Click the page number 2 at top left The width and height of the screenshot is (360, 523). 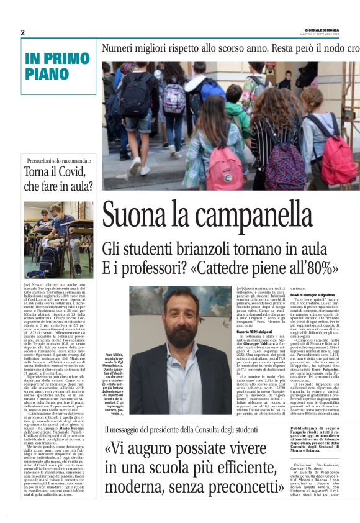point(22,32)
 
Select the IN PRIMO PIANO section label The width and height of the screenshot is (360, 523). point(56,66)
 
